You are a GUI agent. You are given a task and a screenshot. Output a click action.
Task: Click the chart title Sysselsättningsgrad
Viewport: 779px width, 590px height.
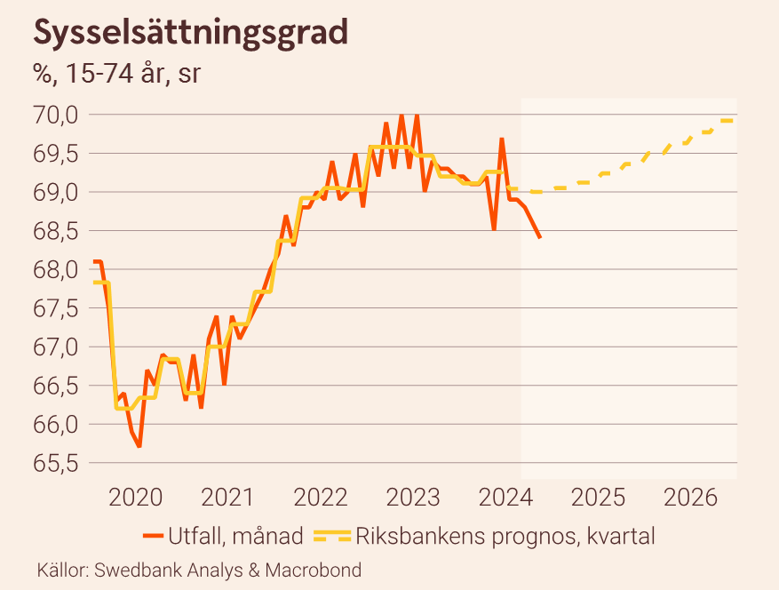tap(190, 33)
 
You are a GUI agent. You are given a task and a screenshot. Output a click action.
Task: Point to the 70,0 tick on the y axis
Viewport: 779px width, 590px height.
tap(57, 115)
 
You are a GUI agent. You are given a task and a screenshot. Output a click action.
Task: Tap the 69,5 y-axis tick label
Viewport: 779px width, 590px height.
tap(57, 154)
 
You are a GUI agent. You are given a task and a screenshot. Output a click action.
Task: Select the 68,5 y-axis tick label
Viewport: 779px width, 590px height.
tap(57, 231)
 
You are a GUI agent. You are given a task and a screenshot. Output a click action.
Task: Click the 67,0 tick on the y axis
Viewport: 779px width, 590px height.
tap(57, 347)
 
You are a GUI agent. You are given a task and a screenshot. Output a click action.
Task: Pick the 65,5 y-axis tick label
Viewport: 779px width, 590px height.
tap(57, 464)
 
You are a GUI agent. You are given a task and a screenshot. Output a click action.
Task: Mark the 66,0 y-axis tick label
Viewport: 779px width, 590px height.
tap(57, 425)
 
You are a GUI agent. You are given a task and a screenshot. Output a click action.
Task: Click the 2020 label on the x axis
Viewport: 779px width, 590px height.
tap(136, 497)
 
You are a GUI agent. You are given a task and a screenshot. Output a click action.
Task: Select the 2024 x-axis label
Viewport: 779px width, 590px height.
tap(508, 497)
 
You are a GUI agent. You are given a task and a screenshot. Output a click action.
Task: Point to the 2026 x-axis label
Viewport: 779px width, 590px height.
tap(696, 497)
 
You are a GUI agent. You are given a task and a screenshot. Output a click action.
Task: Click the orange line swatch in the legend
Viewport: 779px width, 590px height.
tap(154, 536)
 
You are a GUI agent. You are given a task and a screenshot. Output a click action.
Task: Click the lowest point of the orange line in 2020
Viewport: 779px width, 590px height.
tap(139, 446)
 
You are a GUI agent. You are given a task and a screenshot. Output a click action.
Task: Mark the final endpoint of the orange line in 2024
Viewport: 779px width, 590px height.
tap(540, 237)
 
